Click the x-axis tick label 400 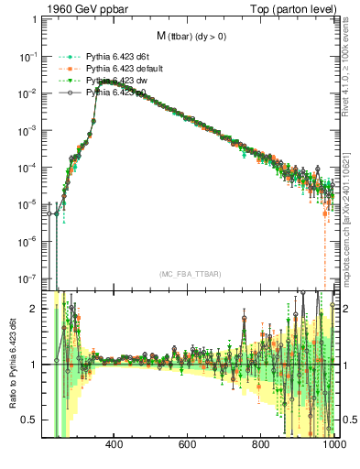(115, 446)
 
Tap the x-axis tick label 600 (188, 446)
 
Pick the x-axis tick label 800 (261, 446)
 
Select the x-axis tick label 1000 (331, 446)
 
